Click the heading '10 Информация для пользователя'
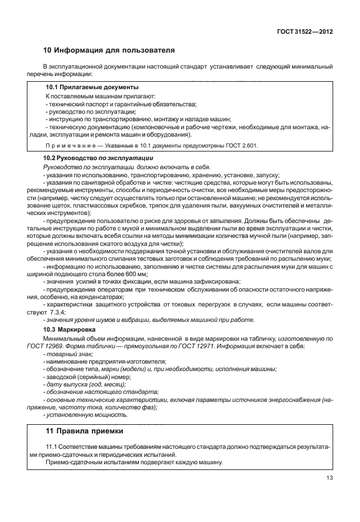pyautogui.click(x=109, y=50)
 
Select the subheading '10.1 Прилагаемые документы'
pyautogui.click(x=91, y=87)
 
